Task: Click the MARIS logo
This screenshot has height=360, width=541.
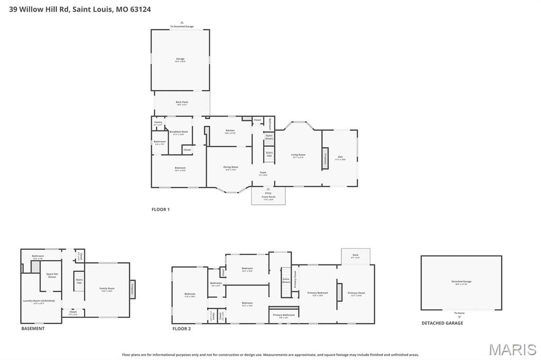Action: tap(512, 349)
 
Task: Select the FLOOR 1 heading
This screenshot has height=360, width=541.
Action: tap(161, 210)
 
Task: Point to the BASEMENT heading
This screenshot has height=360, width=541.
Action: tap(33, 328)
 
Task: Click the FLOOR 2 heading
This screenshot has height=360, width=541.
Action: tap(181, 328)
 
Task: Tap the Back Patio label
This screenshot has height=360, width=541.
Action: tap(182, 102)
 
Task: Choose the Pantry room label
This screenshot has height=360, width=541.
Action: tap(158, 122)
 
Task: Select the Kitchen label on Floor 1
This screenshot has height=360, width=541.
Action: tap(230, 130)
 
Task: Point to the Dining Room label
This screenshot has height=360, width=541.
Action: tap(231, 167)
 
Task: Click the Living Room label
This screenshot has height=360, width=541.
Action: tap(298, 155)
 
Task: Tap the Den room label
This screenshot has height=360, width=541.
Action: tap(341, 157)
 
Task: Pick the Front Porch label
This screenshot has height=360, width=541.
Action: tap(268, 196)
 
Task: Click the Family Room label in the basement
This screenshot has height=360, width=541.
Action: tap(107, 288)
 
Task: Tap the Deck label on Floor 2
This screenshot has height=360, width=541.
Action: tap(356, 255)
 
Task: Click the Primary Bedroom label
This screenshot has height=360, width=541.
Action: tap(318, 292)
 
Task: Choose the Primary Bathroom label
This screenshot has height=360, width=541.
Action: tap(284, 315)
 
